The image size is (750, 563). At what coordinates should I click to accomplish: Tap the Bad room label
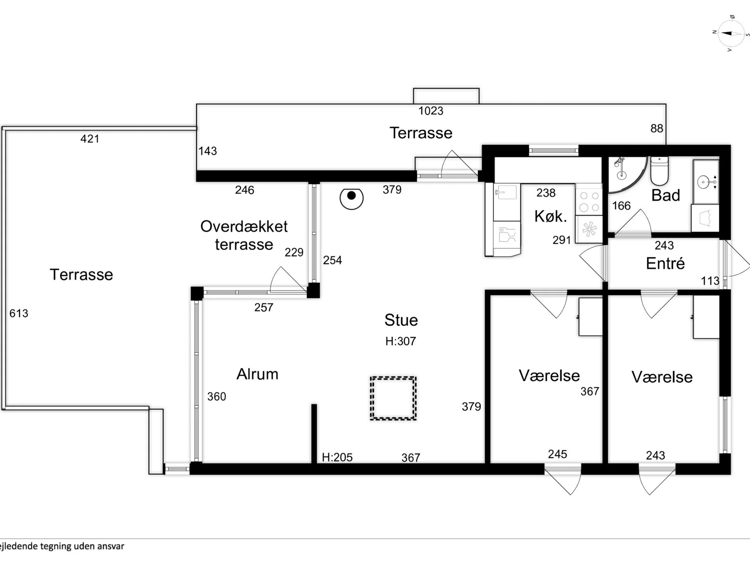666,195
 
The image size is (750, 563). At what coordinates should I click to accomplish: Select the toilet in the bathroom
659,171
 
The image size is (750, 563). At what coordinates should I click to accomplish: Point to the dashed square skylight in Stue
393,398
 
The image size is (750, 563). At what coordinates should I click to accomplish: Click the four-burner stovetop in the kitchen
589,202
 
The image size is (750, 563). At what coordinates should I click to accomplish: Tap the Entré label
665,264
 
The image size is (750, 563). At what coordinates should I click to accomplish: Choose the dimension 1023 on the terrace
431,111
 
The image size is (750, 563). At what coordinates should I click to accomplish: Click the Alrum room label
257,374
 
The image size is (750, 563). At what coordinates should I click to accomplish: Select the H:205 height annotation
337,457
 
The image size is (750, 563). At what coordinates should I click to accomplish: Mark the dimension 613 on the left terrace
19,313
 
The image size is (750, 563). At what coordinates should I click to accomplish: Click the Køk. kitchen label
551,216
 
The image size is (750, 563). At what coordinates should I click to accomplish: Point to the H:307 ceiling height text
400,341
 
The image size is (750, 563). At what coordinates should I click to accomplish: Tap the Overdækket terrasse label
244,235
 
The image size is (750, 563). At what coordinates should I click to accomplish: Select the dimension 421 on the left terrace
90,139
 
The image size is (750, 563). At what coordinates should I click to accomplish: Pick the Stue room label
401,320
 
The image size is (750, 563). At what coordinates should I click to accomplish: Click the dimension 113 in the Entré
710,281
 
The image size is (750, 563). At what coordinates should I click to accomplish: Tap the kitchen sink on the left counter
506,192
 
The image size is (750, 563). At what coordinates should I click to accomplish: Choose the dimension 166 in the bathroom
621,206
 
